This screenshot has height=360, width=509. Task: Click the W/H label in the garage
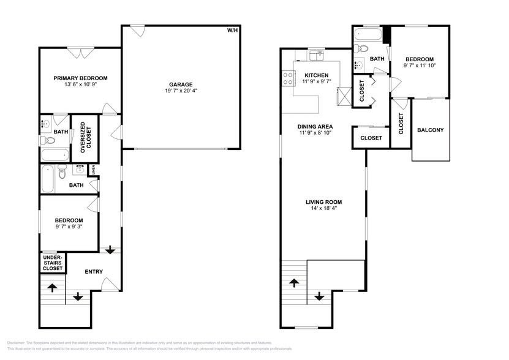coord(233,30)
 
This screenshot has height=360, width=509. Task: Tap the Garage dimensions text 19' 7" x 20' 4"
coord(181,91)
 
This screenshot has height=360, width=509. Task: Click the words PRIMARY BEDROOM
coord(80,78)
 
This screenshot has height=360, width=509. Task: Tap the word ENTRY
coord(93,272)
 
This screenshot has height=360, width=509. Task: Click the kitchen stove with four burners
coord(287,78)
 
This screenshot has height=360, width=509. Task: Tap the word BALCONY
coord(431,130)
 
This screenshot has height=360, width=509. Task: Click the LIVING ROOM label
coord(323,202)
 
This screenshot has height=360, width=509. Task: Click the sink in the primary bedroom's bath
coord(45,124)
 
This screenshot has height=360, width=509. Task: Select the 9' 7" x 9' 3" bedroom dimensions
coord(69,227)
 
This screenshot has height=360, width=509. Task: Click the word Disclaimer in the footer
coord(18,343)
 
